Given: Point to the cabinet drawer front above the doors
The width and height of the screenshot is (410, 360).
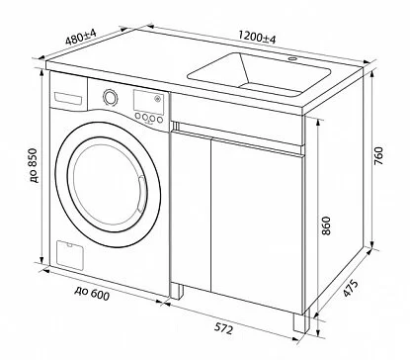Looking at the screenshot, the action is click(x=237, y=137).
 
